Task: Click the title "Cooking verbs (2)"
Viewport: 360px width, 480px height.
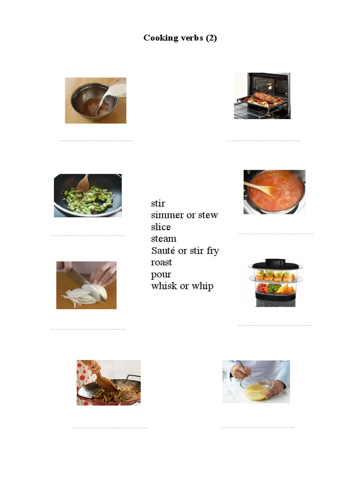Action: [x=180, y=38]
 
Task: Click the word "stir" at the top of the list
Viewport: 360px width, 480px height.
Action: [x=158, y=203]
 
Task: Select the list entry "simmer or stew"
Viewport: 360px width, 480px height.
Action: [x=184, y=215]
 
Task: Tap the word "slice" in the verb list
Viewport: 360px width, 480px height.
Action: [x=161, y=227]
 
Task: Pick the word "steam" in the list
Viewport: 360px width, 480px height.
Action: [x=164, y=239]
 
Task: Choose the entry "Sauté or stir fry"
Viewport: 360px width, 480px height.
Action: [x=185, y=250]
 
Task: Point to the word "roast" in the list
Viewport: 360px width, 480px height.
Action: [x=161, y=262]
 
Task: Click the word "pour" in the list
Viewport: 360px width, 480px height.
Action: [x=161, y=274]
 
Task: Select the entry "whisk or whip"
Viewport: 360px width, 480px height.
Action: [x=182, y=286]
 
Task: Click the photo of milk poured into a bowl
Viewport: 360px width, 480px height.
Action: [x=95, y=100]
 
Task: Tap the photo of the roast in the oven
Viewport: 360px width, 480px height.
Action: [x=262, y=96]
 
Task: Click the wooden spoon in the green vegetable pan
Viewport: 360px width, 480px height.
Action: [x=83, y=183]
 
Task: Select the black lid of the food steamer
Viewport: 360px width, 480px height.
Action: [x=275, y=264]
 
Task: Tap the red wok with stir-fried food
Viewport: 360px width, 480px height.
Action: [x=109, y=392]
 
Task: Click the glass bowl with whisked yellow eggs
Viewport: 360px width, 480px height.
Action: [x=255, y=389]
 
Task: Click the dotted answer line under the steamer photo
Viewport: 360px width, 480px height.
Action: [x=275, y=325]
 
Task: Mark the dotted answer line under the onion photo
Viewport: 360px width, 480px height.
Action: [x=88, y=329]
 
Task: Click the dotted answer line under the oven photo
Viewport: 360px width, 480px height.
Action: [x=263, y=140]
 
